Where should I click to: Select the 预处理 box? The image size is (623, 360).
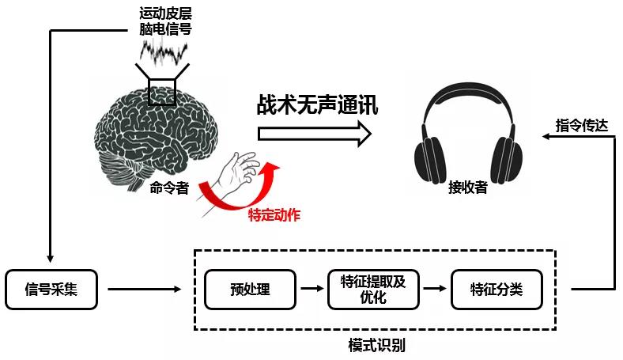click(250, 290)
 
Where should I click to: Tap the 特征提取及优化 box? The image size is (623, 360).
click(373, 290)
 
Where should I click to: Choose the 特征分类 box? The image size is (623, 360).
click(497, 290)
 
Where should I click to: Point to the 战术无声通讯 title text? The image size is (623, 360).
click(317, 104)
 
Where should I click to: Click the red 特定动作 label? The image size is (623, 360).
click(274, 214)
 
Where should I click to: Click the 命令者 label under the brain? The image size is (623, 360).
click(169, 188)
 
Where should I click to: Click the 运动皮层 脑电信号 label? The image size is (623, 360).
click(164, 21)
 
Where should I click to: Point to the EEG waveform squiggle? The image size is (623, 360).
click(164, 52)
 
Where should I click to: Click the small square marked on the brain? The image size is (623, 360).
click(162, 93)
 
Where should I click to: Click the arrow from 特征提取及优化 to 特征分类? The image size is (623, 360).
click(433, 290)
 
